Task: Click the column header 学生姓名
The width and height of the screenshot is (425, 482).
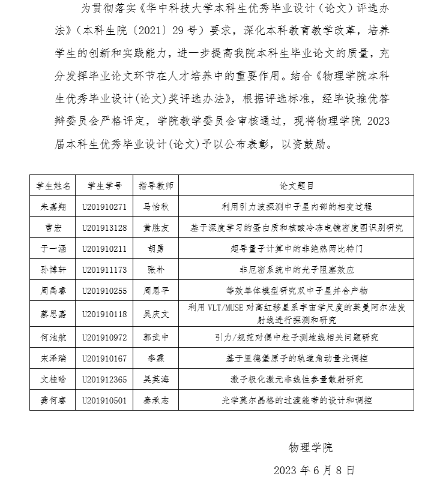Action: pos(53,185)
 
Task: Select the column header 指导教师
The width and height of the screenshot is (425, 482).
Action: pos(155,185)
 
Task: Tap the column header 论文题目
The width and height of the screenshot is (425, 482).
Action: pos(297,185)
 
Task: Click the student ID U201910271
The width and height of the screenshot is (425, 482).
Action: pos(104,206)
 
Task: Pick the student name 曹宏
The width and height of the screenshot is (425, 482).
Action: pos(53,228)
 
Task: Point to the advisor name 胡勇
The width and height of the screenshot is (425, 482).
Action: pos(155,248)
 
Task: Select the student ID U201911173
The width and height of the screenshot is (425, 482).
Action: pos(104,270)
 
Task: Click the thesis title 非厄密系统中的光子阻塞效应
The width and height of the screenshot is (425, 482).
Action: pos(297,270)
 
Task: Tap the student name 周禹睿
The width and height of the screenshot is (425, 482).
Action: pos(53,291)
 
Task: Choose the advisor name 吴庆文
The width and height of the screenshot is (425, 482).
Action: pos(155,314)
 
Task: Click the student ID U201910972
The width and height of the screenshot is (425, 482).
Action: pos(104,338)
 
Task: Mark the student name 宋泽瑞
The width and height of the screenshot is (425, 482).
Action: pos(53,359)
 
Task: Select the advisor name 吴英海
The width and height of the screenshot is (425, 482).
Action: pos(155,379)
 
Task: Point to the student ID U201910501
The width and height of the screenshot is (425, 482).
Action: pos(104,400)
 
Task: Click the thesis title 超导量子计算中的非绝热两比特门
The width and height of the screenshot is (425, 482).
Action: pos(297,248)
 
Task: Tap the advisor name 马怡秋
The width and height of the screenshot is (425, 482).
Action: pos(155,206)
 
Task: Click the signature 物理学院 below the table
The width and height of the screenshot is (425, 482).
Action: pos(310,448)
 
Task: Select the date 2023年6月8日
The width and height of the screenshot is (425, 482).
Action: pos(314,469)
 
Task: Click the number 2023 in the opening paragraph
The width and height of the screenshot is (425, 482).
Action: pos(377,120)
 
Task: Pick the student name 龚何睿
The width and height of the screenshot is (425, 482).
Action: pos(53,400)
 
